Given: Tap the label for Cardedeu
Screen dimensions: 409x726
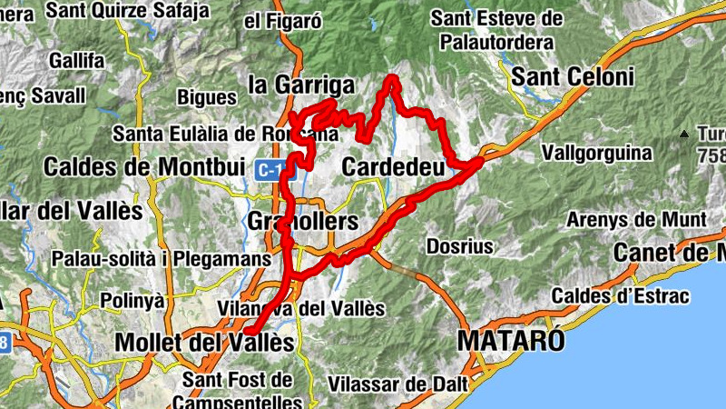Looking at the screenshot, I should (393, 167).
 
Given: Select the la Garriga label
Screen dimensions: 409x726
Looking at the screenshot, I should (300, 85).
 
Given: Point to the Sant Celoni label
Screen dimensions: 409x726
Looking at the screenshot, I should (573, 77).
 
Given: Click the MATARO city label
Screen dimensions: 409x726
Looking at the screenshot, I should (511, 341).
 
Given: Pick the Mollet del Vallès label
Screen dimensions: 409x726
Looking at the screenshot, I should (206, 344).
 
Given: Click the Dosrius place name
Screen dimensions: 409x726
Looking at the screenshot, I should (459, 246).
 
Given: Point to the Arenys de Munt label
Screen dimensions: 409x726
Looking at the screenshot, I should (635, 220).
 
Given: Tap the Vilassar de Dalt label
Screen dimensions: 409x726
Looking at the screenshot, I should (397, 384).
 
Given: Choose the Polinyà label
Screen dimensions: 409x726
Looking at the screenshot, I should (132, 300).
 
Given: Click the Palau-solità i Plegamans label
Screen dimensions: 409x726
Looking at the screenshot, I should (161, 259).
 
